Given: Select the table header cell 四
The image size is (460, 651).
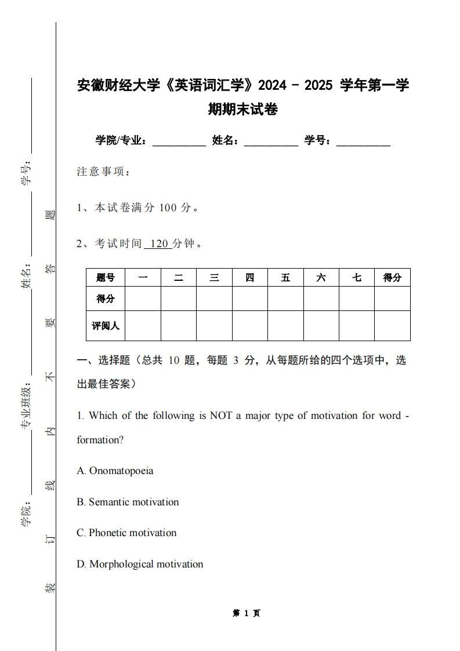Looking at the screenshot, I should pos(249,277).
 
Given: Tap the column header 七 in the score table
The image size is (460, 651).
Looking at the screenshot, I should pos(356,277).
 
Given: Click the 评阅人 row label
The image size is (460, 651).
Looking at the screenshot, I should pos(106,325).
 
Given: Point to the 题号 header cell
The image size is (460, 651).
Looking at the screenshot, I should pos(106,277).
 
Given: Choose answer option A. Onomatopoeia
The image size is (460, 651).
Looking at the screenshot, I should pos(115,471).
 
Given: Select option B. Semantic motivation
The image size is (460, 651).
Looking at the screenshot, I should pos(128,502).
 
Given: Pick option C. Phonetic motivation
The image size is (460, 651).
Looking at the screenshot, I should pos(126,533).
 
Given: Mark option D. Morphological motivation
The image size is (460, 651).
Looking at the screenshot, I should pos(140,564).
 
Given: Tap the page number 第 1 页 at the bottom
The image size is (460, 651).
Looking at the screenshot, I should pos(247,613).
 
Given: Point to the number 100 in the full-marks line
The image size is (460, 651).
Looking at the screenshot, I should pos(167,208).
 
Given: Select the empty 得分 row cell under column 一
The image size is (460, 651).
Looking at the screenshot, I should pos(143,299).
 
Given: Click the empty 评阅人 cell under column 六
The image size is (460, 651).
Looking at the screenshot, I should pos(321,325).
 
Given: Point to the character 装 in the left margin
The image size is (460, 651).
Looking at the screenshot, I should pos(50,588).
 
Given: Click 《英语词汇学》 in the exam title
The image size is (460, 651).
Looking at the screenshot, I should pos(208,86).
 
